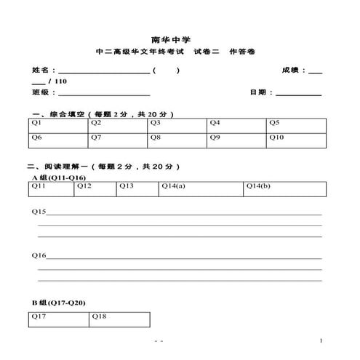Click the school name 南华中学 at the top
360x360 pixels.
(180, 40)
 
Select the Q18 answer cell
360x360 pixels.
(119, 319)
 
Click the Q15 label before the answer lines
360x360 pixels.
(39, 212)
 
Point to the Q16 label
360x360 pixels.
(39, 256)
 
